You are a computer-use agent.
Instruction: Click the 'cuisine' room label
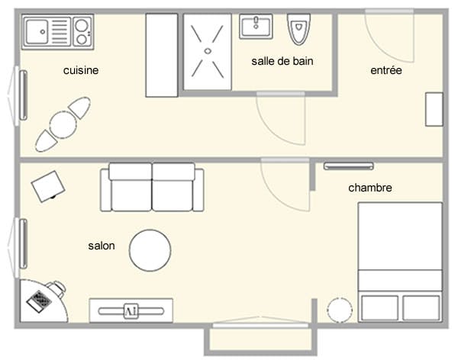coord(81,70)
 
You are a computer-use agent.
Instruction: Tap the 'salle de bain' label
coord(282,61)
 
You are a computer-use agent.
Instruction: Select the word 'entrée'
coord(385,70)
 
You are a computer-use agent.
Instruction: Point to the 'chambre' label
coord(370,188)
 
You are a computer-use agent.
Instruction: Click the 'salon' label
coord(102,246)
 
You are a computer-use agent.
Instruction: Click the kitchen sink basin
coord(37,31)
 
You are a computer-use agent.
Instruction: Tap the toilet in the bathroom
coord(298,29)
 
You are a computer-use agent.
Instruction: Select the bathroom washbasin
coord(256,26)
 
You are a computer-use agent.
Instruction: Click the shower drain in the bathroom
coord(208,51)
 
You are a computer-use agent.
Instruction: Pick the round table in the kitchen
coord(63,125)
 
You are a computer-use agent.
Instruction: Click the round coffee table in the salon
coord(150,250)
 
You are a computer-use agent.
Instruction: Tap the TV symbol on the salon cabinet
coord(131,311)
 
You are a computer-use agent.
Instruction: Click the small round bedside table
coord(340,310)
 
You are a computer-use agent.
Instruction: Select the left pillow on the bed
coord(379,308)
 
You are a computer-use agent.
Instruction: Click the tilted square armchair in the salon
coord(48,186)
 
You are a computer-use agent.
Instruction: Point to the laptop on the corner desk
coord(39,301)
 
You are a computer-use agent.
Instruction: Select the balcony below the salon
coord(260,339)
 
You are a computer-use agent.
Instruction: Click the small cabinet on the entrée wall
coord(434,110)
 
